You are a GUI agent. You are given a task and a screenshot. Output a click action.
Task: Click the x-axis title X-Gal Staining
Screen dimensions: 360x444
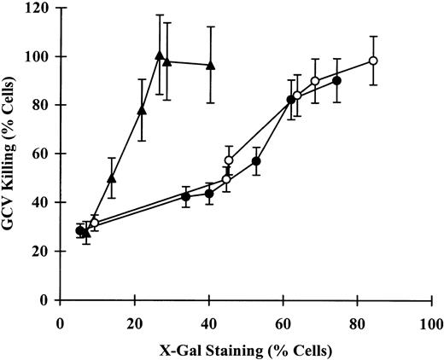tap(244, 350)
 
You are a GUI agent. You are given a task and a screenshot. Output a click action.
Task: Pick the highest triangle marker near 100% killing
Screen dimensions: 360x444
tap(160, 55)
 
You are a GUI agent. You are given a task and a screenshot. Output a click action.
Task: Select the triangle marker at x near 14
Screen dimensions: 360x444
tap(112, 178)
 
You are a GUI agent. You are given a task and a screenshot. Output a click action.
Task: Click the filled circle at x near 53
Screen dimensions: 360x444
tap(256, 161)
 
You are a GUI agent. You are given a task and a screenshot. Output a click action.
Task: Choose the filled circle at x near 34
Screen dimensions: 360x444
tap(185, 196)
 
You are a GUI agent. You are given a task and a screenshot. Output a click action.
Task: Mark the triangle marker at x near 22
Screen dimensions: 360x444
tap(142, 110)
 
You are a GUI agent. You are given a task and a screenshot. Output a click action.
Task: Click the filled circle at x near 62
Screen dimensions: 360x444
tap(290, 100)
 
